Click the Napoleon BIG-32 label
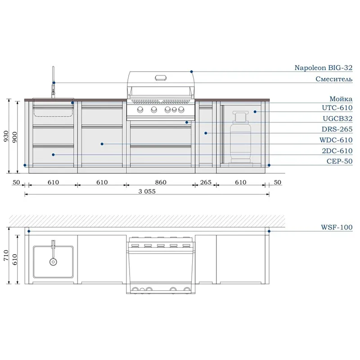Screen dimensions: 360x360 point(323,68)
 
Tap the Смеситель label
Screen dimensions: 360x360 point(334,79)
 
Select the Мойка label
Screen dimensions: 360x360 point(341,99)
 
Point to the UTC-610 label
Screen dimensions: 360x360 point(337,108)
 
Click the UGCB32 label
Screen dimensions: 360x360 point(337,118)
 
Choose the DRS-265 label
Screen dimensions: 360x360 point(337,129)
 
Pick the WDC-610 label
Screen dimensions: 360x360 point(336,140)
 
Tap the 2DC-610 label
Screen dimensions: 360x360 point(337,151)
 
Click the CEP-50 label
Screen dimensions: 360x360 point(340,161)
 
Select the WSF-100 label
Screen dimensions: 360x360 point(337,227)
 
